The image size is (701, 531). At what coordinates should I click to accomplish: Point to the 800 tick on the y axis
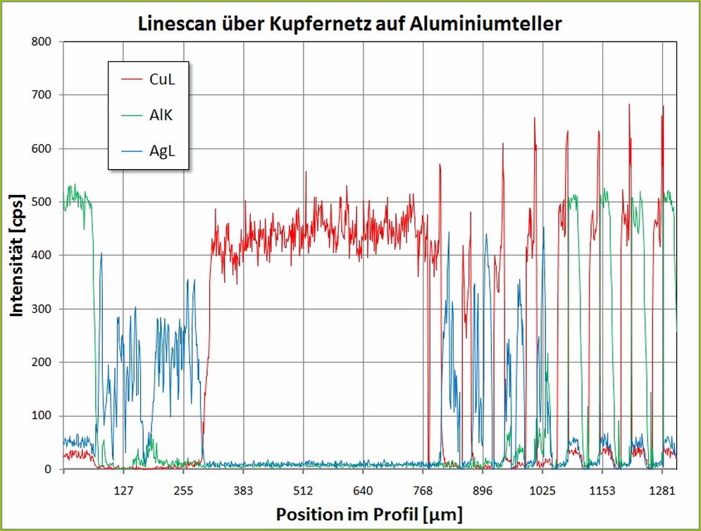(x=42, y=42)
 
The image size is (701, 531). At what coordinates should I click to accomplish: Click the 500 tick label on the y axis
(x=42, y=202)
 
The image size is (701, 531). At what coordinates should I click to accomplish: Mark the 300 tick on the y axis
(x=42, y=309)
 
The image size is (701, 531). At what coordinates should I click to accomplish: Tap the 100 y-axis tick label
(x=42, y=416)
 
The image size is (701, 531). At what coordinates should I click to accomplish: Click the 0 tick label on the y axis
(x=48, y=469)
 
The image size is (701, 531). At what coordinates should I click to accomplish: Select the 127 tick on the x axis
(x=123, y=489)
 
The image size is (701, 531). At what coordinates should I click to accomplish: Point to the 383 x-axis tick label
(x=243, y=489)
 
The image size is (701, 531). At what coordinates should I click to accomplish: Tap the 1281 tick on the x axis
(x=662, y=489)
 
